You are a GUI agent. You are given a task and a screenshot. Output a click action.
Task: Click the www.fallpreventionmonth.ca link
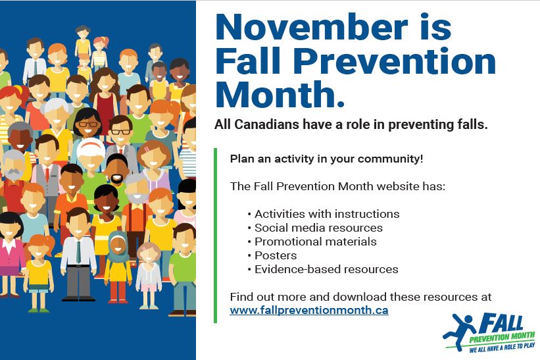[x=308, y=310]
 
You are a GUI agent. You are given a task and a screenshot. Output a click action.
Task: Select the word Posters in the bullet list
[x=276, y=255]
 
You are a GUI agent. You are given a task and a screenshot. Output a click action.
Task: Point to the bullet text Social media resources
[x=318, y=228]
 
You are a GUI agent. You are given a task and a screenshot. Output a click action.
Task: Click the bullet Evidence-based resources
[x=326, y=269]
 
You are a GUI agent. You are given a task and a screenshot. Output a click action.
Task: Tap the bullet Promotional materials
[x=316, y=242]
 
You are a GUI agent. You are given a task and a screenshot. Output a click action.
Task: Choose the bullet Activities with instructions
[x=327, y=214]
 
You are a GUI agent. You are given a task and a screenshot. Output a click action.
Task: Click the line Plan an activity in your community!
[x=326, y=159]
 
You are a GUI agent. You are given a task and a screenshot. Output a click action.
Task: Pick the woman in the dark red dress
[x=105, y=99]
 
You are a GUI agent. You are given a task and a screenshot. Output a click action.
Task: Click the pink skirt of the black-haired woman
[x=9, y=270]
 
